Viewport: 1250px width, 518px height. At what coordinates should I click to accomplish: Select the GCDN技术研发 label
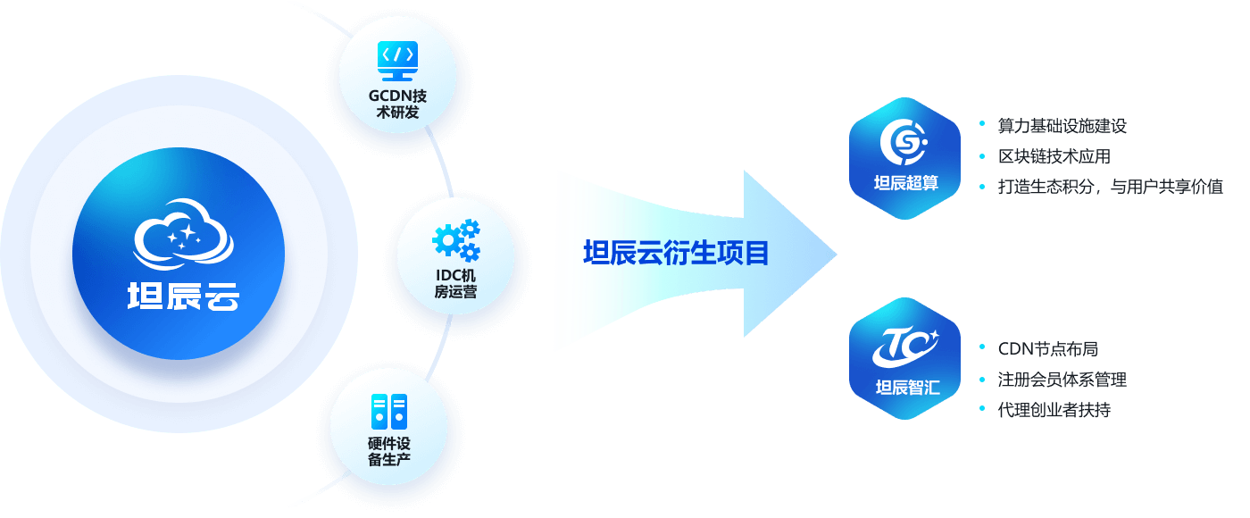pyautogui.click(x=398, y=104)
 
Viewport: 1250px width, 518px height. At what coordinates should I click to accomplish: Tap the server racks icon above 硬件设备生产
pyautogui.click(x=388, y=412)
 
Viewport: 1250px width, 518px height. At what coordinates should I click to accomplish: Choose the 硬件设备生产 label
pyautogui.click(x=388, y=452)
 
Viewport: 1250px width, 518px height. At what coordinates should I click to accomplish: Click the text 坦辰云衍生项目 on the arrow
pyautogui.click(x=676, y=254)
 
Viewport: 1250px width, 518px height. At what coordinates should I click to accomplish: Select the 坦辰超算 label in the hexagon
pyautogui.click(x=904, y=186)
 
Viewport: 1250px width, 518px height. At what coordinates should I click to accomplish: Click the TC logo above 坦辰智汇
pyautogui.click(x=905, y=345)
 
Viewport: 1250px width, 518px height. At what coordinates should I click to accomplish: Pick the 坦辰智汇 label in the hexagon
pyautogui.click(x=906, y=388)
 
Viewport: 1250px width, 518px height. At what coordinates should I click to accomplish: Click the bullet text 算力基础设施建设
pyautogui.click(x=1062, y=126)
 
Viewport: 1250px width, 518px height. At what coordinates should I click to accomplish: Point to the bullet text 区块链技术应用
pyautogui.click(x=1054, y=156)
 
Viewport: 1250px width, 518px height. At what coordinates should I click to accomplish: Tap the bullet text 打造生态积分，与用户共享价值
pyautogui.click(x=1111, y=187)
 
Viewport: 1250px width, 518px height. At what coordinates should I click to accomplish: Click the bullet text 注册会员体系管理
pyautogui.click(x=1062, y=380)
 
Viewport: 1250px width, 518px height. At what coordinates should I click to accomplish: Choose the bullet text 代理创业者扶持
pyautogui.click(x=1054, y=410)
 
